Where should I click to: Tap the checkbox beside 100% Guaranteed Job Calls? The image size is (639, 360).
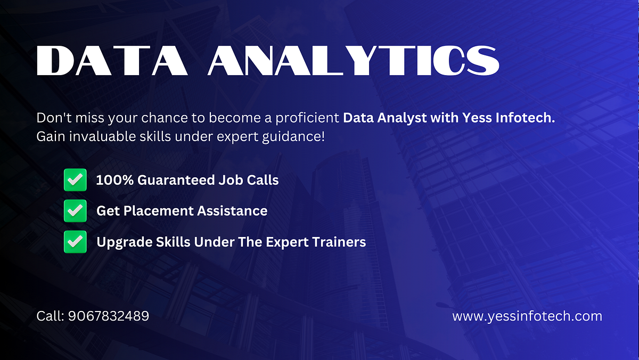click(x=75, y=180)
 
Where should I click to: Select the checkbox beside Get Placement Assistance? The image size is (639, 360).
click(x=75, y=211)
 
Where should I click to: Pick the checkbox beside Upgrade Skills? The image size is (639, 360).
click(x=75, y=242)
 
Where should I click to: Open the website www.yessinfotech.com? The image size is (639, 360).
click(x=527, y=316)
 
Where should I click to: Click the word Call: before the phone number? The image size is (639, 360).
click(x=50, y=316)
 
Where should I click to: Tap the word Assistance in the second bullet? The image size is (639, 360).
click(x=233, y=211)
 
